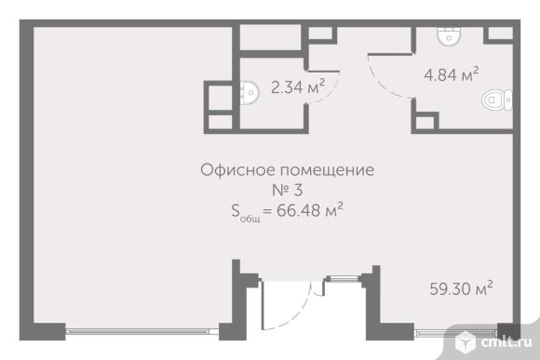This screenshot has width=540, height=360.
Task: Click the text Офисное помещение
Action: point(287,170)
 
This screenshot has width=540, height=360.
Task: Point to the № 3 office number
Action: point(287,191)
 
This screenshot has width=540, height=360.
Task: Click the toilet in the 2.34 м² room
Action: point(250,91)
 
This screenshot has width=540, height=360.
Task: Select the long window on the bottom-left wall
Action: point(148,327)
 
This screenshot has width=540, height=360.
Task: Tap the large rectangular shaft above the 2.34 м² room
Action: point(273,37)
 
